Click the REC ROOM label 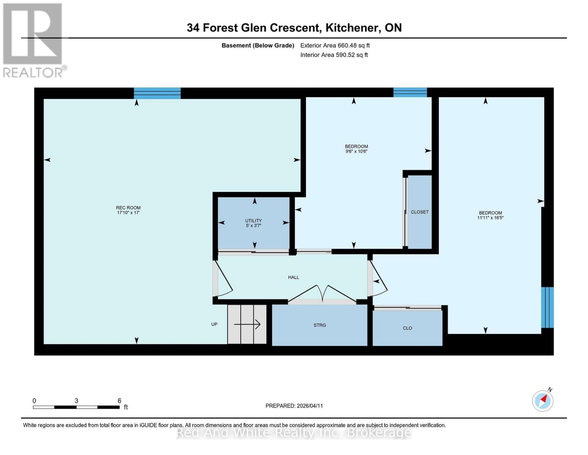[128, 208]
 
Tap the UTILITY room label [253, 221]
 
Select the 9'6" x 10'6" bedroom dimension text [356, 152]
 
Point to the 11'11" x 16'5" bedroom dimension [490, 218]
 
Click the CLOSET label [420, 212]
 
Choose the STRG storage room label [320, 325]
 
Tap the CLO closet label [407, 328]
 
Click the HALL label [293, 278]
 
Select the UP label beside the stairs [214, 325]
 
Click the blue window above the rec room [157, 93]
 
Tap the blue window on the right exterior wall [547, 307]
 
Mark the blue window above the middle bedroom [410, 93]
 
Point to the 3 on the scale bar [76, 401]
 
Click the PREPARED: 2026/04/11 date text [294, 406]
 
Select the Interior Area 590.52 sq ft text [334, 55]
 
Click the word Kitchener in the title [353, 28]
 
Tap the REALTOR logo [33, 40]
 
